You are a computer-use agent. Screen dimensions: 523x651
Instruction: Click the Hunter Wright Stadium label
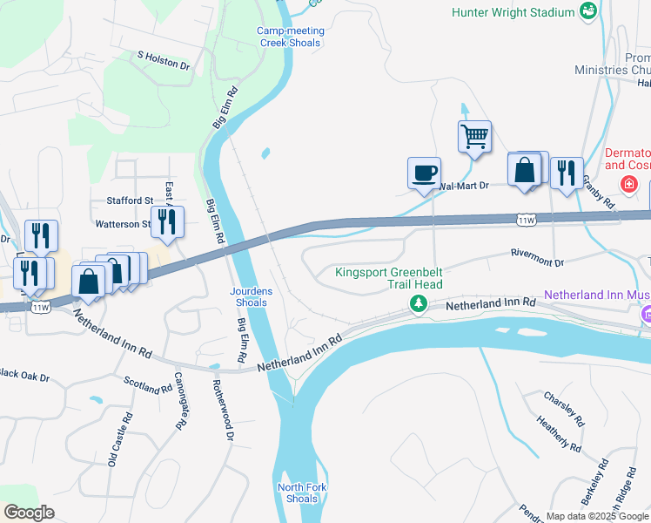click(513, 12)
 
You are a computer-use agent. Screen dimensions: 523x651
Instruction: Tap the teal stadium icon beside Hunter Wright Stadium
click(589, 11)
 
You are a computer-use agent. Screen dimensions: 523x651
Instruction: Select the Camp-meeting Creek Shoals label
click(291, 37)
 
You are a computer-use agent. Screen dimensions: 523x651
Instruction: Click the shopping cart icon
click(474, 136)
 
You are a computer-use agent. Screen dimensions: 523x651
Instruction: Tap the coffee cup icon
click(424, 173)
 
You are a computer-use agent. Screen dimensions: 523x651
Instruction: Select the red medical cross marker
click(628, 185)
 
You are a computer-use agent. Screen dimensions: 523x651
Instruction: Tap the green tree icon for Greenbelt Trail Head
click(419, 303)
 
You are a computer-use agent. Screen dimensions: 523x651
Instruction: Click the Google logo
click(29, 512)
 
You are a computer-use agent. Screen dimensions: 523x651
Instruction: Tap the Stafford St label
click(129, 200)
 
